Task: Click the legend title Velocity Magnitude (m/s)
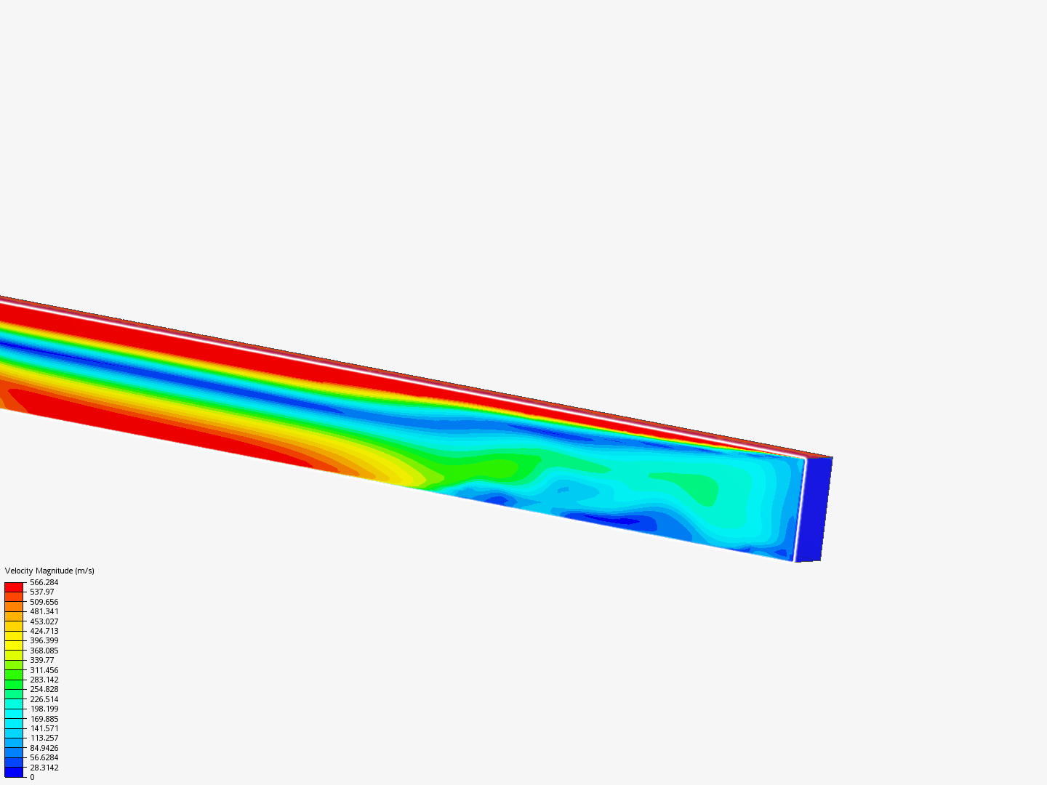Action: (49, 571)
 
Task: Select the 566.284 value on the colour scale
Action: (44, 582)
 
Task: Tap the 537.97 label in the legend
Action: (42, 592)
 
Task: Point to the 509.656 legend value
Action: (44, 602)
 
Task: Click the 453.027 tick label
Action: (44, 621)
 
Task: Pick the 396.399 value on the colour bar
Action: (44, 640)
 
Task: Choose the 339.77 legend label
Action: (42, 660)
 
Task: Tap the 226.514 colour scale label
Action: (44, 699)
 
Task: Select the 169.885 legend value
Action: (44, 718)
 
